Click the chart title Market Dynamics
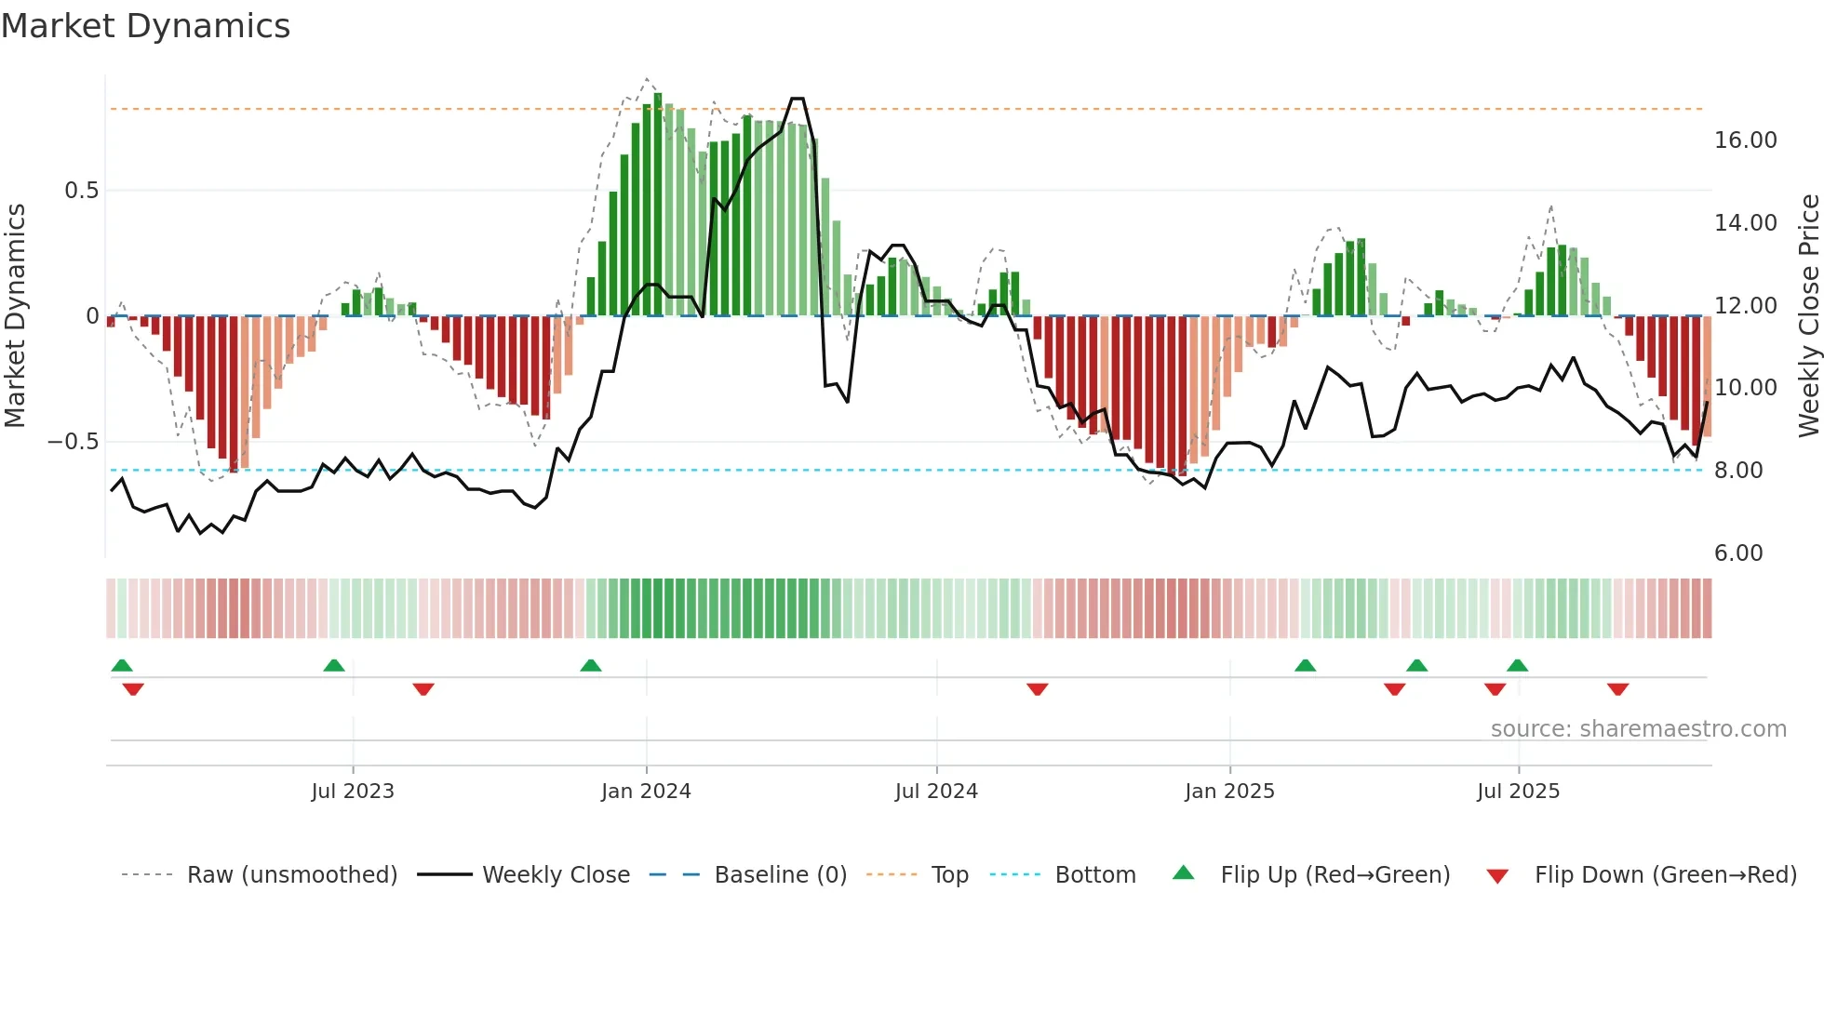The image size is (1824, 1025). (x=145, y=26)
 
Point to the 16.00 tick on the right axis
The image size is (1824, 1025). (x=1745, y=140)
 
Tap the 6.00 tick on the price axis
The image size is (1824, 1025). (x=1737, y=553)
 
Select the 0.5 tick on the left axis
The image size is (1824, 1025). (x=81, y=191)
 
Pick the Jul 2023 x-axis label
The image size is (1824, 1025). (x=353, y=792)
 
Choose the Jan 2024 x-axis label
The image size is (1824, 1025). (x=646, y=792)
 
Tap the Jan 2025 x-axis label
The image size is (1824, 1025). (x=1229, y=792)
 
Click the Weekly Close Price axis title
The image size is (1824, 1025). (x=1808, y=316)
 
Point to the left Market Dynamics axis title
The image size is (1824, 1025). (x=15, y=316)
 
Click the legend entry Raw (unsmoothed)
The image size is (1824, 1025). (x=291, y=875)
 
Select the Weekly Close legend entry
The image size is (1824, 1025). (x=556, y=875)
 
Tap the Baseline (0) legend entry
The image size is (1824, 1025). (x=780, y=875)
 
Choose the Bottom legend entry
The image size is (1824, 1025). (x=1094, y=875)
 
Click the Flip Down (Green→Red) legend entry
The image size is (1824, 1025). (x=1665, y=875)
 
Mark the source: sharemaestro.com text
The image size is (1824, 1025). (x=1638, y=729)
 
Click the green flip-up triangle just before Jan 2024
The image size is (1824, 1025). (x=591, y=665)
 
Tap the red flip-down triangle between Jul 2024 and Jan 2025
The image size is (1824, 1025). (x=1038, y=689)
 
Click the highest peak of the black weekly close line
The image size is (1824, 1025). (x=798, y=99)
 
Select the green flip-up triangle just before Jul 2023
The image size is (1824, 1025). (x=334, y=665)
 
